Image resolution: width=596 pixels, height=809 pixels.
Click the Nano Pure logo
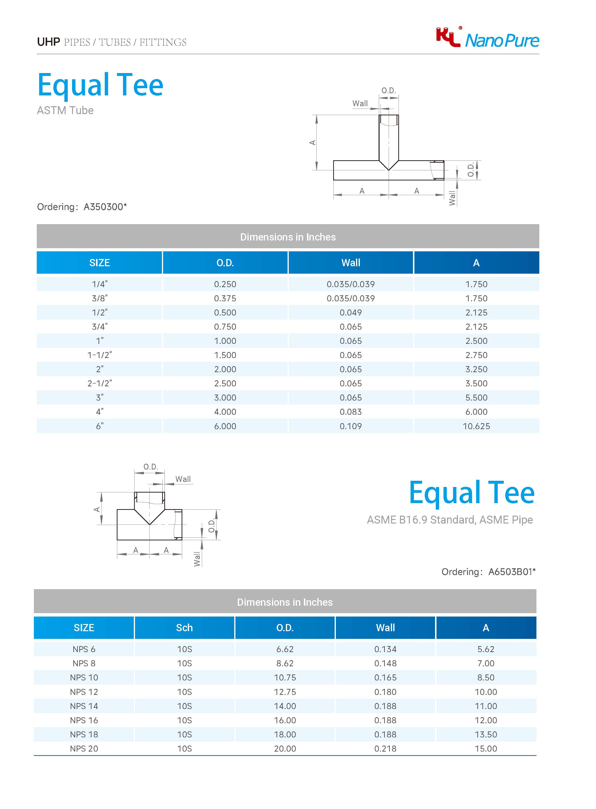(x=487, y=38)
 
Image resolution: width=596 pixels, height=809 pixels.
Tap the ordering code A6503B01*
(x=512, y=572)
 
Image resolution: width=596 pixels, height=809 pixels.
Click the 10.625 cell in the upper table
(x=476, y=426)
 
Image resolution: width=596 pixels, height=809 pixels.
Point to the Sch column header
(x=184, y=628)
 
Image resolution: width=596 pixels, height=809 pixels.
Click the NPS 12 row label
(x=84, y=692)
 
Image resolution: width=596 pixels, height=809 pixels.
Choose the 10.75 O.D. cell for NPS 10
(x=285, y=678)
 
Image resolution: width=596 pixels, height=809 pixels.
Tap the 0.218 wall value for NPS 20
(x=385, y=748)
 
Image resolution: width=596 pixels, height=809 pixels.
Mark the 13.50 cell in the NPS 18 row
(x=485, y=734)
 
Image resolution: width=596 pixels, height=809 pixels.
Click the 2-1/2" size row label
(x=100, y=383)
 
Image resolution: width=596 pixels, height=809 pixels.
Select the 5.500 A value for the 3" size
(x=476, y=398)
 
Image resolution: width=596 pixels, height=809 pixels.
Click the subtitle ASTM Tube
(x=65, y=111)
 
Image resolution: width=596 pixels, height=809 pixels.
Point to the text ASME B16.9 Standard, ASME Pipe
(x=449, y=520)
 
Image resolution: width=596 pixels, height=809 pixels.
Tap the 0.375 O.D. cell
(x=225, y=298)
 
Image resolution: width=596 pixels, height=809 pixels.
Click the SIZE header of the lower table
(x=84, y=628)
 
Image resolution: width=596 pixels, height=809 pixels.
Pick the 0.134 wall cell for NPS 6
(x=385, y=649)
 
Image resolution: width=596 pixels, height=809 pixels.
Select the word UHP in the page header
(x=48, y=42)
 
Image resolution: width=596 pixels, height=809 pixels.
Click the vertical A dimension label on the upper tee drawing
(x=313, y=142)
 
